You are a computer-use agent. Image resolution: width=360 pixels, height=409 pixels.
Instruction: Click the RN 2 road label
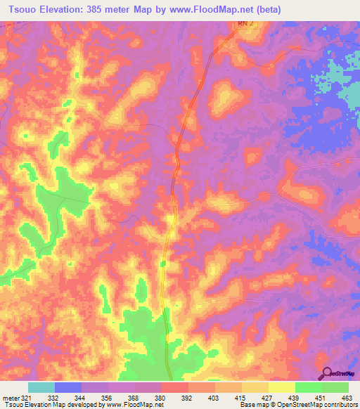tap(243, 23)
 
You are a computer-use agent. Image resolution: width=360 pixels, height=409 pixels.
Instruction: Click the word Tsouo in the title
tap(18, 9)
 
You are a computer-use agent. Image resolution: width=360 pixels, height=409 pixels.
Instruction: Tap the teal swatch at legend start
tap(41, 387)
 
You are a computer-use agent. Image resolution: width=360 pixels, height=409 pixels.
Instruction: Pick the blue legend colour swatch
tap(67, 387)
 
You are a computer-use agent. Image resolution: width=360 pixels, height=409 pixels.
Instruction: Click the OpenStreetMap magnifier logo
tap(326, 372)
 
